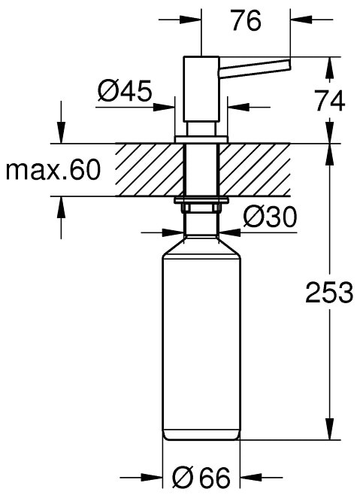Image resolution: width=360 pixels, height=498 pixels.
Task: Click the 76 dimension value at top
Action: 247,20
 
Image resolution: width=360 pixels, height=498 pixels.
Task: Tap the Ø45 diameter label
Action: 125,90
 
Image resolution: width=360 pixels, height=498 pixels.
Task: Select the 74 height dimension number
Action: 330,101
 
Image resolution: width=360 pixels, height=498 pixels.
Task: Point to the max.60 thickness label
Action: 53,170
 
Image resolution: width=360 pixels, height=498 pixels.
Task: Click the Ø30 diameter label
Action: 270,217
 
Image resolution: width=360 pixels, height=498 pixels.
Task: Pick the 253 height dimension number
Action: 329,292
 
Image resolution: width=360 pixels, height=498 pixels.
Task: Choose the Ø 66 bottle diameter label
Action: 201,478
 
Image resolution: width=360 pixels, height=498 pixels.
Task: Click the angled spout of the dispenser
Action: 254,68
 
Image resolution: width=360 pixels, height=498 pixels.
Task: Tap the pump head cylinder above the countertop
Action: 201,89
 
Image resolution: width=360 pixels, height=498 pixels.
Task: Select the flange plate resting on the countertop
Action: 201,140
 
